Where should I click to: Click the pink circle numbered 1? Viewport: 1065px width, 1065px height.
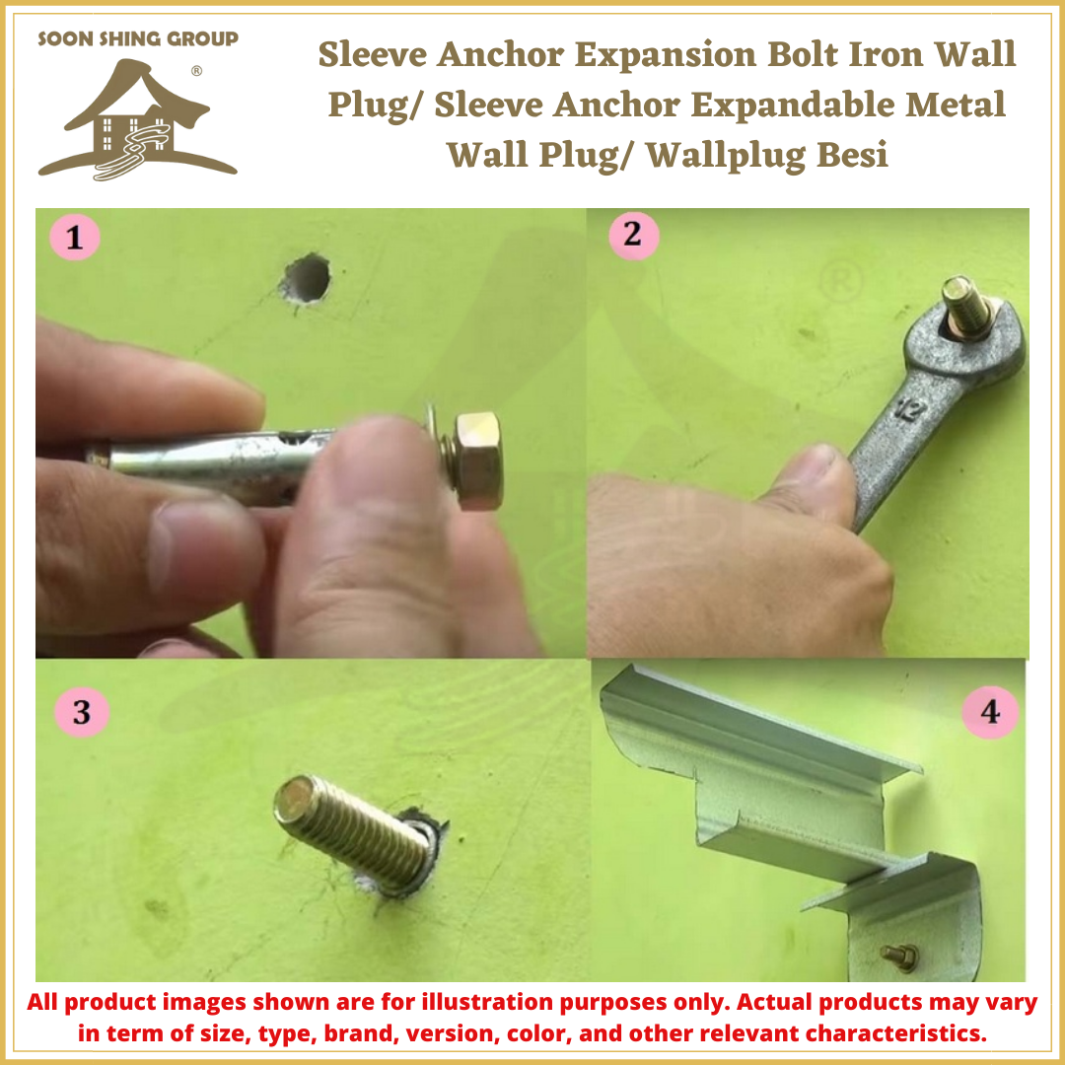pos(76,238)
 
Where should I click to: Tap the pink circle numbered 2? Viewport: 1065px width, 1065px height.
pos(632,236)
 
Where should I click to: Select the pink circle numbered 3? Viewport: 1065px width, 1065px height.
pos(80,711)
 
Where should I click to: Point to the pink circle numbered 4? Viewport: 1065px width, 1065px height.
pos(989,711)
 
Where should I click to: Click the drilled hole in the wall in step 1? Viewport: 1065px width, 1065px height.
pos(306,277)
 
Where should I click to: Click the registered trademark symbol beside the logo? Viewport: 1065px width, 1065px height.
pos(196,71)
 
